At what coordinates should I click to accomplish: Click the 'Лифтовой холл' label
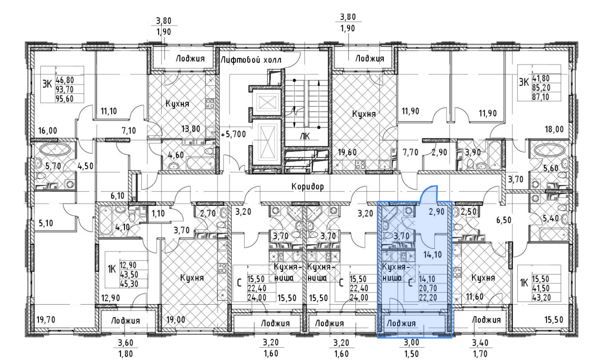pyautogui.click(x=251, y=59)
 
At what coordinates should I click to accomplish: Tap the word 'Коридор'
pyautogui.click(x=308, y=187)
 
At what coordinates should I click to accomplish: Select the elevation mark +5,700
pyautogui.click(x=234, y=134)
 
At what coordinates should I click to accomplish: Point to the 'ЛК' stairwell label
pyautogui.click(x=305, y=136)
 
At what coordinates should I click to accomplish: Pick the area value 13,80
pyautogui.click(x=191, y=129)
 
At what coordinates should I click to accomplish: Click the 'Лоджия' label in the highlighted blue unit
pyautogui.click(x=401, y=323)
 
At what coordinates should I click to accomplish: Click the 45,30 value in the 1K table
pyautogui.click(x=129, y=284)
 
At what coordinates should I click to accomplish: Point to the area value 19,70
pyautogui.click(x=46, y=319)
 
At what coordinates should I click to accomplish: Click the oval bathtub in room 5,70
pyautogui.click(x=55, y=150)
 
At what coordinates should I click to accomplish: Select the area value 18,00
pyautogui.click(x=554, y=129)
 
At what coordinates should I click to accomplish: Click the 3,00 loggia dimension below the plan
pyautogui.click(x=412, y=342)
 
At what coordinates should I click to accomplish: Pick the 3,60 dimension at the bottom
pyautogui.click(x=126, y=343)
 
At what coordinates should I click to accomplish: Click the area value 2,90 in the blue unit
pyautogui.click(x=437, y=212)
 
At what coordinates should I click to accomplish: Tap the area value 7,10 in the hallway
pyautogui.click(x=129, y=130)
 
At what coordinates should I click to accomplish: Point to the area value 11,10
pyautogui.click(x=109, y=111)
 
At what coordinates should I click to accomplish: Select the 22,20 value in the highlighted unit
pyautogui.click(x=428, y=297)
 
